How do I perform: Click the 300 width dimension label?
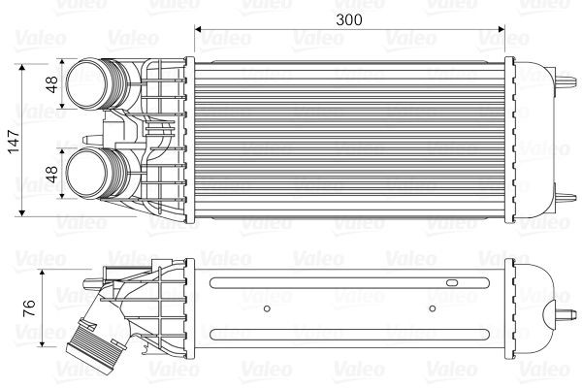click(x=350, y=18)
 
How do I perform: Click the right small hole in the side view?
click(x=434, y=310)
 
